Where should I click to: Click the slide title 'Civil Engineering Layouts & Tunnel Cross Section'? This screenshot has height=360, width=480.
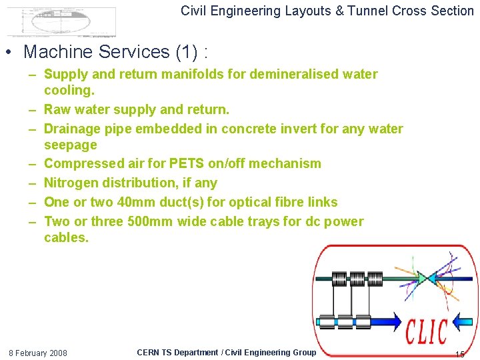coord(327,11)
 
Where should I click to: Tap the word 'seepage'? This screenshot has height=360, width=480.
coord(70,145)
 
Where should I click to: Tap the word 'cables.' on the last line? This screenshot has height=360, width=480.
coord(66,237)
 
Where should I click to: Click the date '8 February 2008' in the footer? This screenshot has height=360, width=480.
coord(37,353)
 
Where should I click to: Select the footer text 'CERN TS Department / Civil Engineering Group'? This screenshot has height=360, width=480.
coord(226,352)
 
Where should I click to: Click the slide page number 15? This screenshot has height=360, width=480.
coord(459,353)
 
